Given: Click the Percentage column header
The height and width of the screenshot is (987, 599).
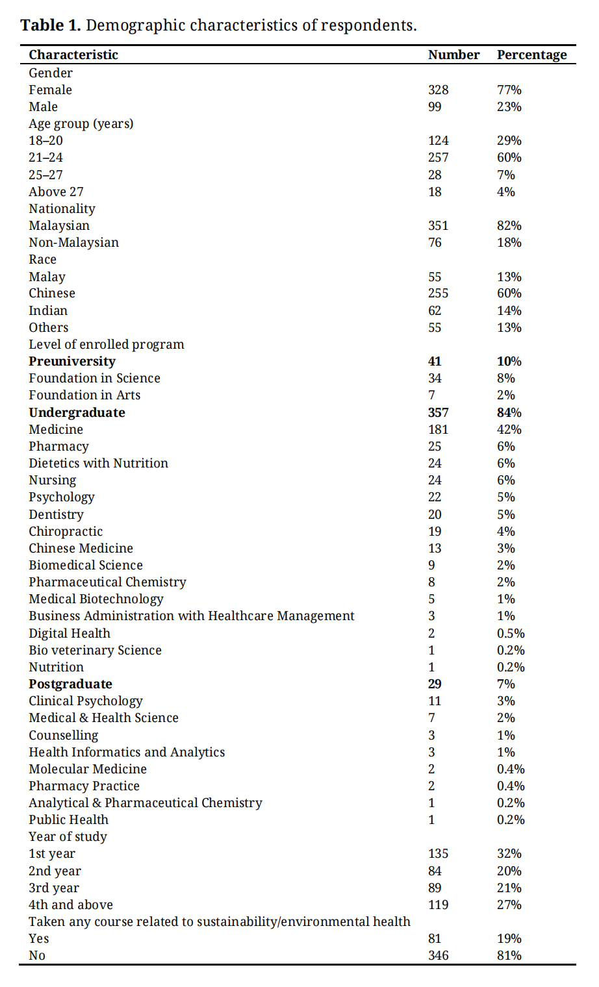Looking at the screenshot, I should pyautogui.click(x=531, y=55).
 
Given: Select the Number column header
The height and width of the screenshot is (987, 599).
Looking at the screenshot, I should pyautogui.click(x=453, y=55).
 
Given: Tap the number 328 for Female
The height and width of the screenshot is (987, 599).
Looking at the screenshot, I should pyautogui.click(x=438, y=90).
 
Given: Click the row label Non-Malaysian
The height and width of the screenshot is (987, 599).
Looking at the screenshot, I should pyautogui.click(x=73, y=242).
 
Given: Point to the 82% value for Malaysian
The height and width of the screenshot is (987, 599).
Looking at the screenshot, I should pyautogui.click(x=509, y=225).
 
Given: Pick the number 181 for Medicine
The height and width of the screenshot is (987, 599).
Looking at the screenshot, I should pyautogui.click(x=438, y=429).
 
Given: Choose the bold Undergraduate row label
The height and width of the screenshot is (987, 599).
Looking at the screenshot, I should pyautogui.click(x=77, y=412).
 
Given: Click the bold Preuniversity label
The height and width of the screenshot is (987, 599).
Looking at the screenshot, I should pyautogui.click(x=72, y=361).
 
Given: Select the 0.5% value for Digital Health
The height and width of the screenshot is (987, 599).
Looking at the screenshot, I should pyautogui.click(x=511, y=633).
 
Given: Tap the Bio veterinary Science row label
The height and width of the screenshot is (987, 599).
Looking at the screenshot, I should pyautogui.click(x=95, y=650).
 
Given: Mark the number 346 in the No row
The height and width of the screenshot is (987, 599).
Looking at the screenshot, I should pyautogui.click(x=438, y=955).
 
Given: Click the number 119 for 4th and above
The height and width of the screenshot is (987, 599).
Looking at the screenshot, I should pyautogui.click(x=438, y=905).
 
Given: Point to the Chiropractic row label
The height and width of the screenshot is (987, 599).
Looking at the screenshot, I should pyautogui.click(x=66, y=531).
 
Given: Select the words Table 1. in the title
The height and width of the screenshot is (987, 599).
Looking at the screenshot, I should pyautogui.click(x=51, y=25).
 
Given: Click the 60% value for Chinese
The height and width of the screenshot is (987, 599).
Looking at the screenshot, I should pyautogui.click(x=509, y=293).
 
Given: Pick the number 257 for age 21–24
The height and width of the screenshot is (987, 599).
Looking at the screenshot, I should pyautogui.click(x=438, y=157).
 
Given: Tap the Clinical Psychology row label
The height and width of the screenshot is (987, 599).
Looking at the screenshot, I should pyautogui.click(x=86, y=701).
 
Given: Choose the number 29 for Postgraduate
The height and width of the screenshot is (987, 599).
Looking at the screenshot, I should pyautogui.click(x=435, y=684).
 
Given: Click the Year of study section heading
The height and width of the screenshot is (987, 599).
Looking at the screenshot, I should pyautogui.click(x=68, y=836).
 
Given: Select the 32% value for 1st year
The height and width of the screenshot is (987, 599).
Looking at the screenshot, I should pyautogui.click(x=509, y=853).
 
